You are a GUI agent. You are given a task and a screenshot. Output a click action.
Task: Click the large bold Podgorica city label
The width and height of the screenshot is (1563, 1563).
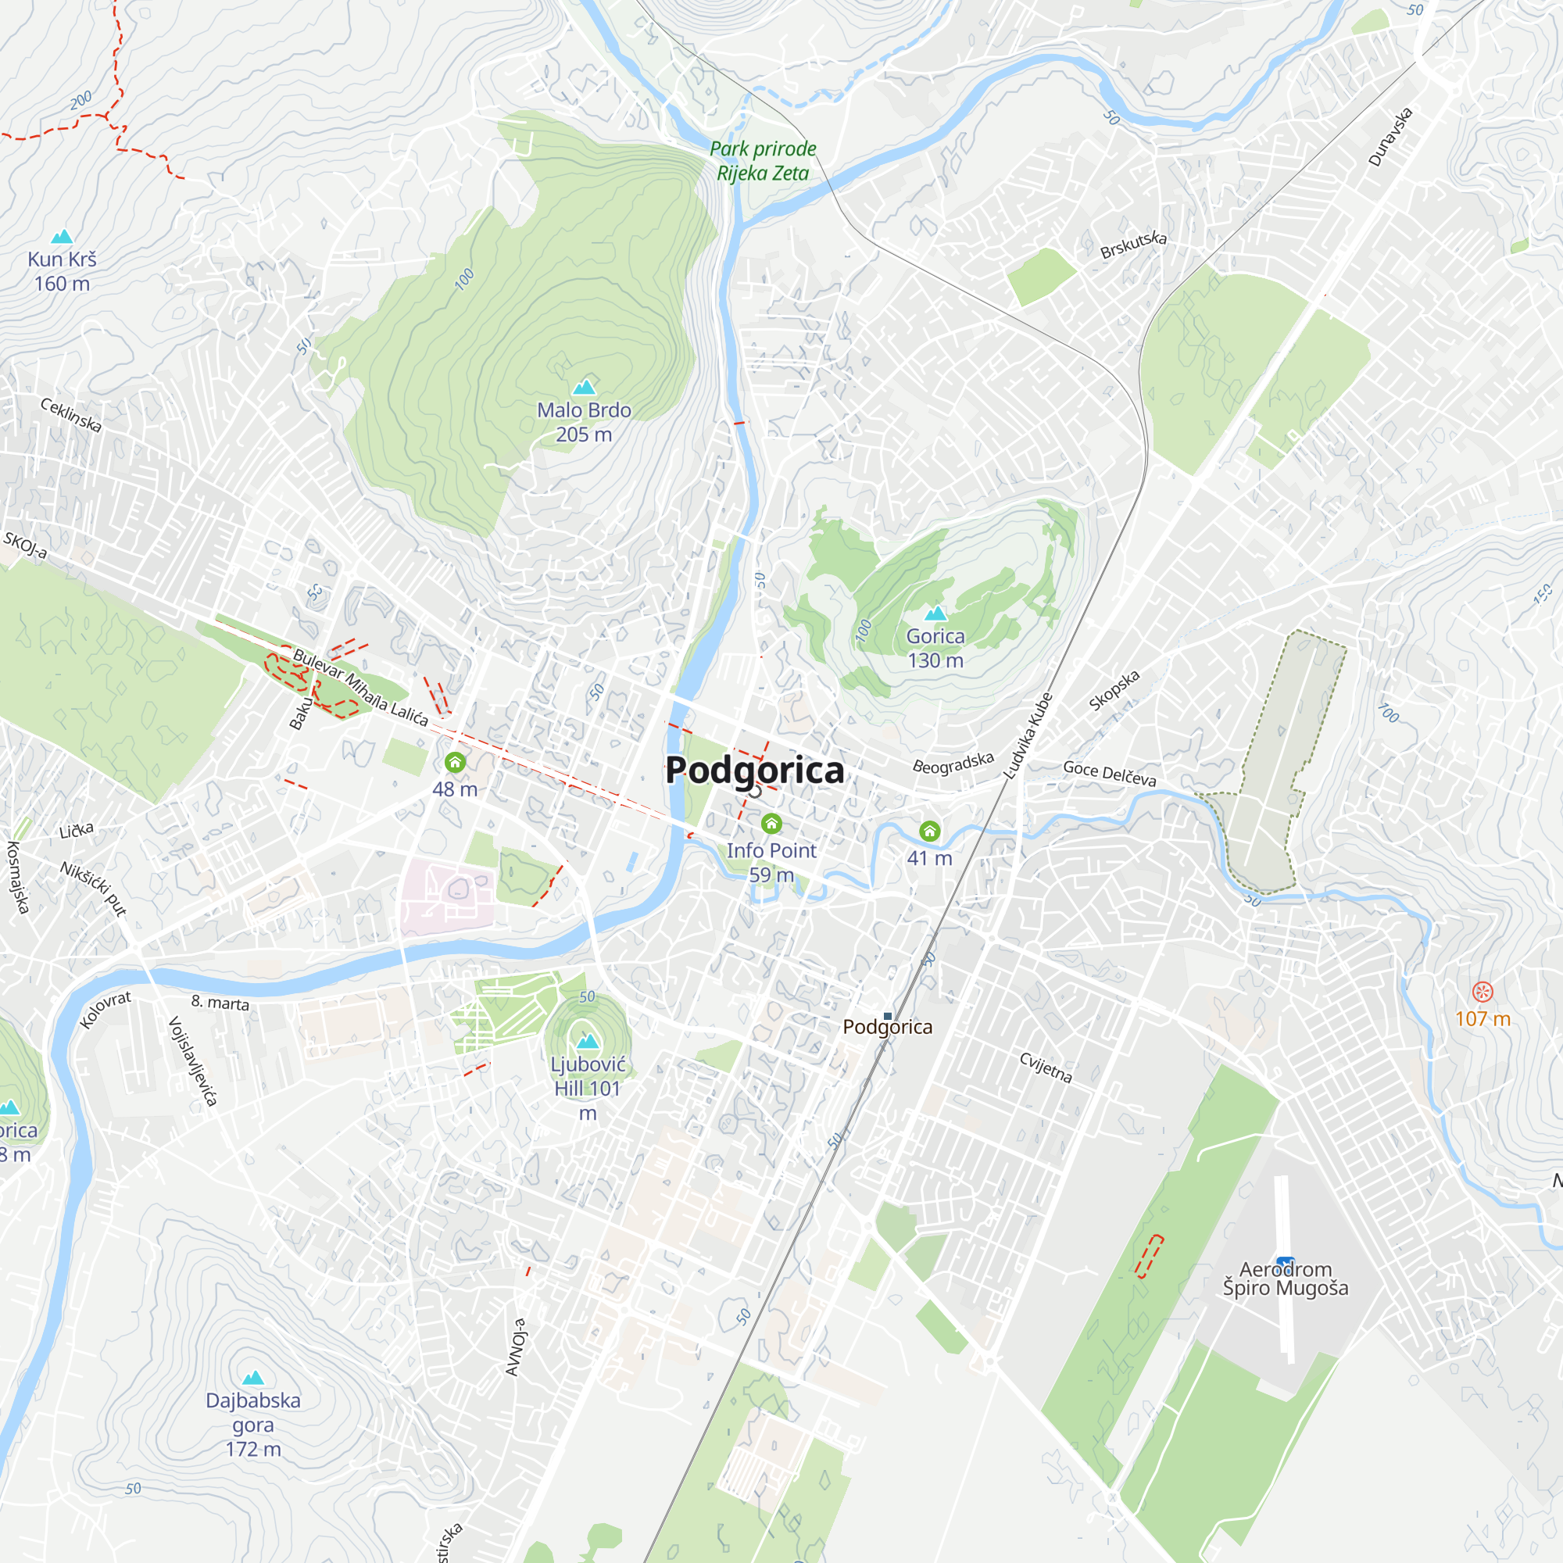click(x=754, y=771)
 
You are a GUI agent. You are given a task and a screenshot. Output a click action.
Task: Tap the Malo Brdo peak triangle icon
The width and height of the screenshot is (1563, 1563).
click(x=584, y=388)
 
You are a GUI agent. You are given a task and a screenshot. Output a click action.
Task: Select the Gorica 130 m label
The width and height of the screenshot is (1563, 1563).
click(x=935, y=648)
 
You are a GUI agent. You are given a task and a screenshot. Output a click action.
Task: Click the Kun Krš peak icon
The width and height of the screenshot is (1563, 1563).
click(x=63, y=237)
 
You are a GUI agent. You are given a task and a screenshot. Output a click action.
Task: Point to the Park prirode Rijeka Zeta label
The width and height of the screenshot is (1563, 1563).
click(x=762, y=161)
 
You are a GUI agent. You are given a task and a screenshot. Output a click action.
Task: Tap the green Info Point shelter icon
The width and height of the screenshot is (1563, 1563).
click(x=771, y=824)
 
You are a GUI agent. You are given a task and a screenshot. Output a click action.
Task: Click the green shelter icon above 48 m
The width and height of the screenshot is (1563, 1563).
click(x=455, y=762)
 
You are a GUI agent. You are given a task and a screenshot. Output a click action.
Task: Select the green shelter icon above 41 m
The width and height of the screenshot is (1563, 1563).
click(x=929, y=831)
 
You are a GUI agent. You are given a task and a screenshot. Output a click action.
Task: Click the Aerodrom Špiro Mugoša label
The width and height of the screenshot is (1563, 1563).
click(x=1285, y=1279)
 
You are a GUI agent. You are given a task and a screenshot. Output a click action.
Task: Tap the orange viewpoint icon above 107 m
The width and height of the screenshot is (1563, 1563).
click(x=1482, y=992)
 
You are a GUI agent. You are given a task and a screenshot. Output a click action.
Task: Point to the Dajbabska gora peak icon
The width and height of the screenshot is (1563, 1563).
click(x=253, y=1378)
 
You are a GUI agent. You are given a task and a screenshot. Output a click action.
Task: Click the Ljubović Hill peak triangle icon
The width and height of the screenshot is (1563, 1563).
click(x=588, y=1041)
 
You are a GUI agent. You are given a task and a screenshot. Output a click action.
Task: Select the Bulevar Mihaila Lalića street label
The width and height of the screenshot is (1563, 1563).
click(x=360, y=686)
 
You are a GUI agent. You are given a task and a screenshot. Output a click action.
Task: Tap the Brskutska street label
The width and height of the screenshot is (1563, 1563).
click(x=1132, y=245)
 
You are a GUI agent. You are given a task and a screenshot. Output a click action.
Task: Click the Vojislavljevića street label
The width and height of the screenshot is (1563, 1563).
click(x=191, y=1061)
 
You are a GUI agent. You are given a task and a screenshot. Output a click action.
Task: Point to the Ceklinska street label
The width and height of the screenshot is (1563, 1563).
click(x=71, y=415)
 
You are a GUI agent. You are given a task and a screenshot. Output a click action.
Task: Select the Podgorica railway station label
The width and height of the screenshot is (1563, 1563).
click(x=888, y=1027)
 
